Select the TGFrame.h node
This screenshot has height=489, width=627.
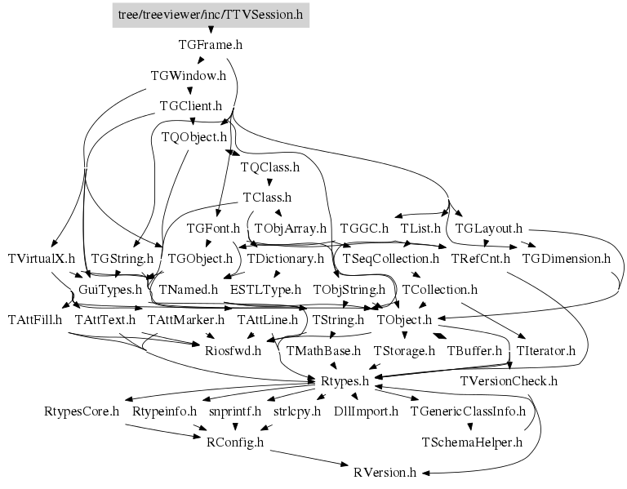click(211, 45)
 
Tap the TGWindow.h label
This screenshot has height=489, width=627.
click(188, 76)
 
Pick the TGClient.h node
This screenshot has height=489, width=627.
click(191, 106)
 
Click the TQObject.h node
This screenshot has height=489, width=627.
click(193, 136)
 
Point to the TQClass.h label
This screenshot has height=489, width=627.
click(270, 167)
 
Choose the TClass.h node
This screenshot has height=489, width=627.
click(267, 198)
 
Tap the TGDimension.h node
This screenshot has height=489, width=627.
click(566, 259)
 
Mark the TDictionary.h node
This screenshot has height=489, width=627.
click(286, 259)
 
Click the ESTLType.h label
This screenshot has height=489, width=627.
click(265, 289)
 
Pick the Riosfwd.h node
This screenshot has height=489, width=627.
click(233, 351)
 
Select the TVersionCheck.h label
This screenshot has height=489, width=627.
click(509, 380)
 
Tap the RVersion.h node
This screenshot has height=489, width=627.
click(385, 472)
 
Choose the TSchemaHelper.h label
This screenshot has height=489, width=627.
click(471, 442)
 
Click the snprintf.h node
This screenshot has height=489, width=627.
click(234, 411)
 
